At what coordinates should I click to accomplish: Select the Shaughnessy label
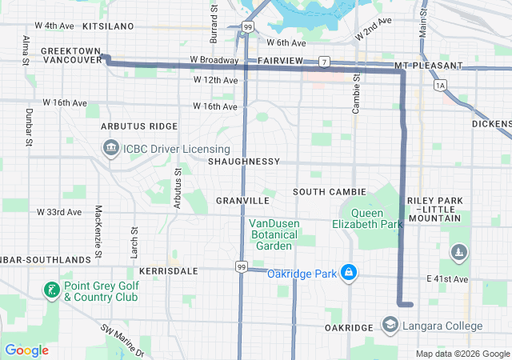click(243, 162)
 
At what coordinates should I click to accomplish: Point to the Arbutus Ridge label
click(139, 126)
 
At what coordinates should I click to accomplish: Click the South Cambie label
click(329, 192)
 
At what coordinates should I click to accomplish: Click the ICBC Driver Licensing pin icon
click(110, 148)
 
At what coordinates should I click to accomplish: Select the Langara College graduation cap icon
click(390, 326)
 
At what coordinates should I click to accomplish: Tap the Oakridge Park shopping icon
click(349, 274)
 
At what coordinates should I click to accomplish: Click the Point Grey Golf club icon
click(52, 290)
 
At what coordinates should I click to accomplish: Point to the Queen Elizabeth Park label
click(367, 218)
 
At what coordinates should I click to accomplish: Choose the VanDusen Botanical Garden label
click(273, 234)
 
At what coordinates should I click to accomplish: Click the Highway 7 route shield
click(324, 62)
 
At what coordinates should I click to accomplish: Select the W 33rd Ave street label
click(59, 212)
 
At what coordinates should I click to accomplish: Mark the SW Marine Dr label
click(122, 339)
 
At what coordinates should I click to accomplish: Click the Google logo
click(27, 350)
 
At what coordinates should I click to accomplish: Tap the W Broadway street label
click(214, 60)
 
